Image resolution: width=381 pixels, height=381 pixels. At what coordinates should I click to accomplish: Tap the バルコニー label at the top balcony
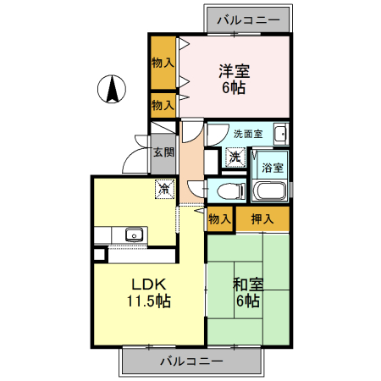250,19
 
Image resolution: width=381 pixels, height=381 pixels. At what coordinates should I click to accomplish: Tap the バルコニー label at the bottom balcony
191,361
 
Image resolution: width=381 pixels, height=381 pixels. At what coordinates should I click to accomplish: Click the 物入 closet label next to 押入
219,219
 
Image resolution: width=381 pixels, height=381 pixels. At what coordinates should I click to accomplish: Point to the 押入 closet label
262,219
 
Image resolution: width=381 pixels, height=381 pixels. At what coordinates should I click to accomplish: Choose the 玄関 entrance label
163,152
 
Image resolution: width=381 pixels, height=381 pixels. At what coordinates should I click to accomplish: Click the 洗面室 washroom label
247,133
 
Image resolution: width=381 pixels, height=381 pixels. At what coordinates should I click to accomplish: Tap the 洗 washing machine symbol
235,157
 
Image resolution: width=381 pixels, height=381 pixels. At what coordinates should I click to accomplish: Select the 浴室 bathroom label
272,168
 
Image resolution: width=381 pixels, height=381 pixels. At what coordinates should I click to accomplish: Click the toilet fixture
227,190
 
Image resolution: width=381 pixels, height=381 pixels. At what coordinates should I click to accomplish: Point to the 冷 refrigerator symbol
164,190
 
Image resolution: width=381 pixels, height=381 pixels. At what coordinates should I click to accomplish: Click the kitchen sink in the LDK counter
133,234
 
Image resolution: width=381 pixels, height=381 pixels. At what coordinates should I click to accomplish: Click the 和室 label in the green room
248,284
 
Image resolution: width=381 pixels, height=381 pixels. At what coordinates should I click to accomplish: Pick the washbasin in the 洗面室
280,133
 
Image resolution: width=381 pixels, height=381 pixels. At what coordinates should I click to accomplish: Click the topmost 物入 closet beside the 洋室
163,63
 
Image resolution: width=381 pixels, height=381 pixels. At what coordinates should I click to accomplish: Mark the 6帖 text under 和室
248,301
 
